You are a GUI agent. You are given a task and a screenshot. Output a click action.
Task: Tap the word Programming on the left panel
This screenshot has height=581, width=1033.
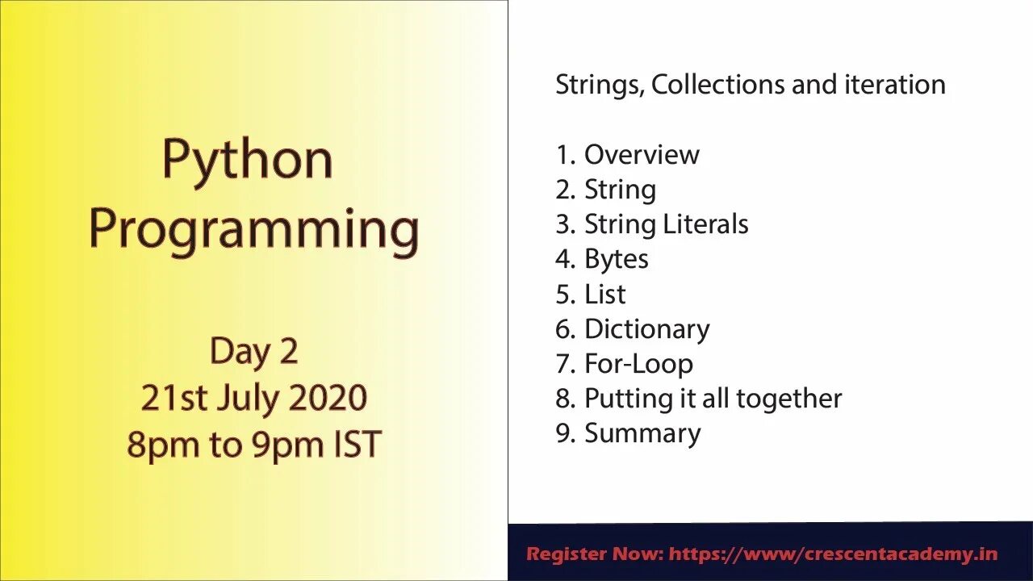(x=253, y=230)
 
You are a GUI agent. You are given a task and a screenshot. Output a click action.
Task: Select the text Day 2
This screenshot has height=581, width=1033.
(x=253, y=352)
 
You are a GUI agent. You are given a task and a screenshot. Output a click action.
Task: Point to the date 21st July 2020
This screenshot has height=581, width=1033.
(x=253, y=398)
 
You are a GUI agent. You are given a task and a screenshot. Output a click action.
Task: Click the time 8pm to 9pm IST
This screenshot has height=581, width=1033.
(x=253, y=445)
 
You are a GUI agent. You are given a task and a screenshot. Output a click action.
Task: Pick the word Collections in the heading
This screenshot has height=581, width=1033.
(x=718, y=85)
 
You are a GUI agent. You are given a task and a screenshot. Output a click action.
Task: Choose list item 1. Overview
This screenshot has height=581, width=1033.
(x=627, y=154)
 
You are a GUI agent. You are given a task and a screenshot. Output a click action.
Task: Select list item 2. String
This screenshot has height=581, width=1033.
(x=605, y=190)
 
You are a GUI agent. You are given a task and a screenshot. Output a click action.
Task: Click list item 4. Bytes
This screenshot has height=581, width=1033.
(x=601, y=259)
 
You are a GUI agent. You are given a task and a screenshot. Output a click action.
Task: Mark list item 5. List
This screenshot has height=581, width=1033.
(x=590, y=295)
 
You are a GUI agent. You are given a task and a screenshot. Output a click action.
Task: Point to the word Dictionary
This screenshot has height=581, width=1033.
(x=646, y=329)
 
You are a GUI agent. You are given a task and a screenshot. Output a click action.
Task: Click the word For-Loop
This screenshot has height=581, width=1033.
(x=638, y=364)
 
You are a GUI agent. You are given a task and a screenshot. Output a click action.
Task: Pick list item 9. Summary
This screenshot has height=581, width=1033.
(x=628, y=433)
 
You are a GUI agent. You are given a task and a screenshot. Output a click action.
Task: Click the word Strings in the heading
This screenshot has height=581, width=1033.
(x=598, y=85)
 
